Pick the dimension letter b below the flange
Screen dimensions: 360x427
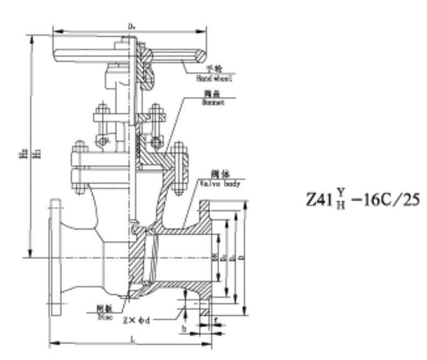click(185, 327)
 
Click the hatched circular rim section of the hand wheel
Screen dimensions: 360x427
click(200, 55)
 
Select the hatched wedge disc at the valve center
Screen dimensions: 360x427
click(138, 258)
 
